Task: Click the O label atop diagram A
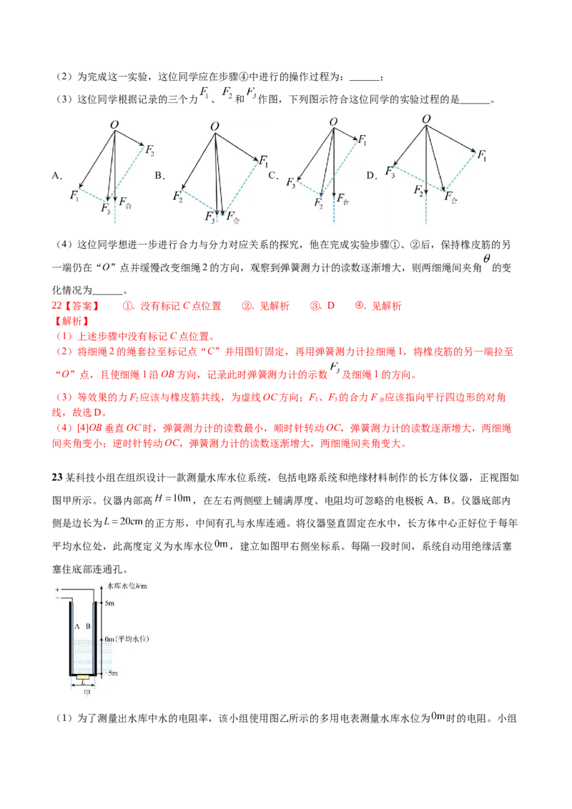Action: point(114,124)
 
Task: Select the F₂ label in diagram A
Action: point(149,150)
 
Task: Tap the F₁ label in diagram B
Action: point(264,161)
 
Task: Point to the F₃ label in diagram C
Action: point(291,183)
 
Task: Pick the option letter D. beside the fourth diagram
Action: point(372,175)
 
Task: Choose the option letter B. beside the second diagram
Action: point(160,175)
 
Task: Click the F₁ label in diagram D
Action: point(482,154)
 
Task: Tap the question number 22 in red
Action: point(56,305)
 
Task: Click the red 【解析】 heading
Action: point(71,321)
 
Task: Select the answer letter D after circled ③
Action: point(330,305)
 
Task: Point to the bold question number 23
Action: point(56,477)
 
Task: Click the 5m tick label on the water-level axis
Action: point(109,603)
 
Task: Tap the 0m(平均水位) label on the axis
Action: point(127,639)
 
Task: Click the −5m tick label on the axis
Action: point(111,672)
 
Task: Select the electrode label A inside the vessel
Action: point(77,626)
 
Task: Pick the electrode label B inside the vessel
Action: point(88,626)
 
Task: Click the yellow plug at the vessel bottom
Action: point(83,676)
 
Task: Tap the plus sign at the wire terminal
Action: point(57,589)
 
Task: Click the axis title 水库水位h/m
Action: point(127,586)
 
